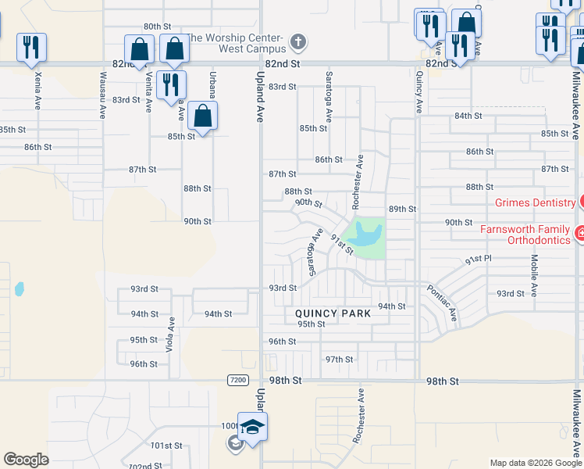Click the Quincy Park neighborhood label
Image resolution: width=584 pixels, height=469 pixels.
pyautogui.click(x=333, y=313)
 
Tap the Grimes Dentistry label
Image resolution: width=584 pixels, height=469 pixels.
pyautogui.click(x=535, y=202)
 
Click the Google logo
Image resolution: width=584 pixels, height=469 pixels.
pyautogui.click(x=26, y=460)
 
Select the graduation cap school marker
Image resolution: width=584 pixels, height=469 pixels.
pyautogui.click(x=253, y=428)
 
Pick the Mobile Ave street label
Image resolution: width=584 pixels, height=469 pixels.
pyautogui.click(x=535, y=276)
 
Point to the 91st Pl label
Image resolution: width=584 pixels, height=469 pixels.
pyautogui.click(x=478, y=259)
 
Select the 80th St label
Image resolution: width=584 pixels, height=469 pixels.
pyautogui.click(x=157, y=26)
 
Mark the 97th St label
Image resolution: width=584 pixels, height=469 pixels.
pyautogui.click(x=339, y=360)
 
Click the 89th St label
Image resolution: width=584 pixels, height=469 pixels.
pyautogui.click(x=403, y=209)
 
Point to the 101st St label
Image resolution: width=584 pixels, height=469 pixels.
pyautogui.click(x=167, y=446)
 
